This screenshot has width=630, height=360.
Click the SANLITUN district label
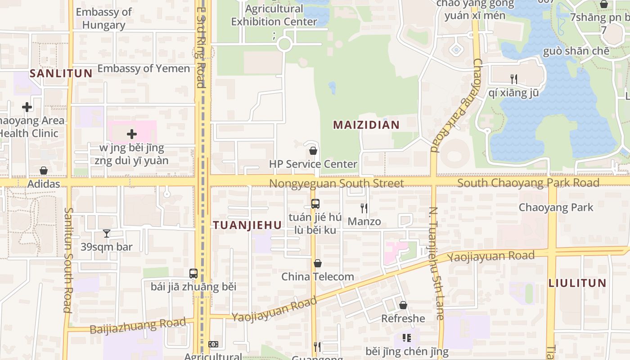(61, 73)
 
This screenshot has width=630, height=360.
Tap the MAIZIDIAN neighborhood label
(366, 125)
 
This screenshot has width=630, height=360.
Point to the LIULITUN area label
(577, 283)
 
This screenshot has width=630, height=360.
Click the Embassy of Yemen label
(144, 68)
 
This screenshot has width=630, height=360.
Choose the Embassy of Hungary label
(103, 18)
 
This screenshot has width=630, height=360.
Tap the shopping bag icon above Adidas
(44, 171)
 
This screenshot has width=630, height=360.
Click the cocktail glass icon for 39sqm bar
(107, 233)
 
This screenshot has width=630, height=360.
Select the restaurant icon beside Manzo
(364, 208)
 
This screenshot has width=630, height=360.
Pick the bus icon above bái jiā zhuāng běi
(193, 273)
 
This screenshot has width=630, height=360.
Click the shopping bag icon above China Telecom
(318, 263)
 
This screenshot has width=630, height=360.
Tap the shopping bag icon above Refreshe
(403, 305)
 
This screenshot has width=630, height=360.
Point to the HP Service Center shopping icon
(313, 151)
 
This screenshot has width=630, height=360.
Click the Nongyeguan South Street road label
(337, 183)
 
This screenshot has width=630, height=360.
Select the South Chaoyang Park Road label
(528, 183)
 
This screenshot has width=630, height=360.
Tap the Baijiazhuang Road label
(138, 326)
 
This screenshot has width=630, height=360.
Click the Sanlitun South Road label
(68, 260)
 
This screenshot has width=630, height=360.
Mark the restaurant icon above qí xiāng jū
(514, 79)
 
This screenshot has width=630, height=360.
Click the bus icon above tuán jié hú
(315, 203)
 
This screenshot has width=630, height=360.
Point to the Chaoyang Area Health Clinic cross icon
(27, 107)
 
